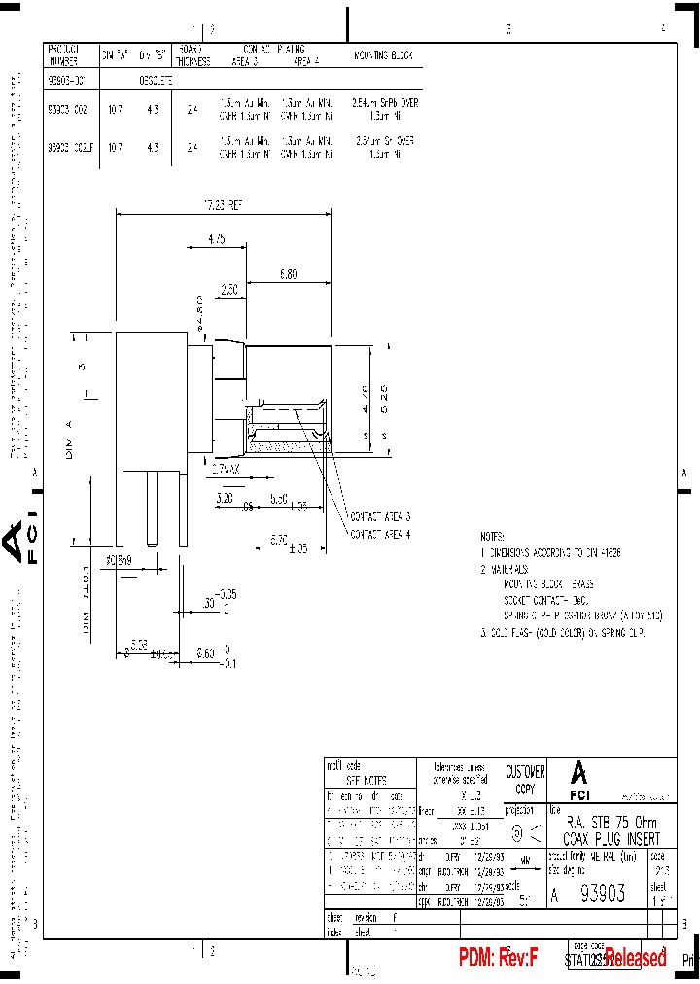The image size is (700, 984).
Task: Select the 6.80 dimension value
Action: (x=288, y=275)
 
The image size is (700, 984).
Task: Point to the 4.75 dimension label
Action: (x=216, y=238)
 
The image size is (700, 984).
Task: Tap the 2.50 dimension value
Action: (x=229, y=289)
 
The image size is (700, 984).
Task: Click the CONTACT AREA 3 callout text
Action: (x=380, y=517)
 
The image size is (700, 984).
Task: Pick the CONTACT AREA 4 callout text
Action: (x=380, y=534)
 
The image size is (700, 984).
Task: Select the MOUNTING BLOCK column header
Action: (x=383, y=56)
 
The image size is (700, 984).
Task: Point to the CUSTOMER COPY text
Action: (x=526, y=779)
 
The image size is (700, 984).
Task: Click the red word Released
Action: (x=636, y=959)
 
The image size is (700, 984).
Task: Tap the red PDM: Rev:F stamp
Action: (x=499, y=959)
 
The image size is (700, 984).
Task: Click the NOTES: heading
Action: (x=493, y=537)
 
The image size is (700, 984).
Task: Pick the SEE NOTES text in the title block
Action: (x=367, y=780)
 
